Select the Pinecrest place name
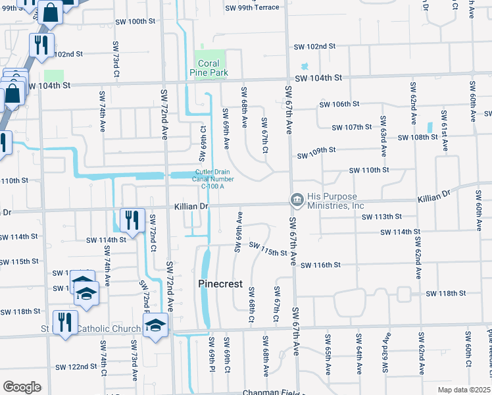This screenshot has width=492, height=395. pos(220,284)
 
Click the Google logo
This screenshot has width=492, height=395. pos(22,387)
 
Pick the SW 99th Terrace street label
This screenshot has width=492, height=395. pos(252,8)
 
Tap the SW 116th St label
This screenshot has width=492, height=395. pos(320,265)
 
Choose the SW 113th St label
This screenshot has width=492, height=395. pos(382,217)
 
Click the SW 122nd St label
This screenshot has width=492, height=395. pos(76,367)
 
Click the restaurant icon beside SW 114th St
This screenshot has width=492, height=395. pos(132,220)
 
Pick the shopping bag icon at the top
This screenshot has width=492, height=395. pos(51,12)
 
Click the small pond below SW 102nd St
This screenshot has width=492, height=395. pos(304,66)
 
